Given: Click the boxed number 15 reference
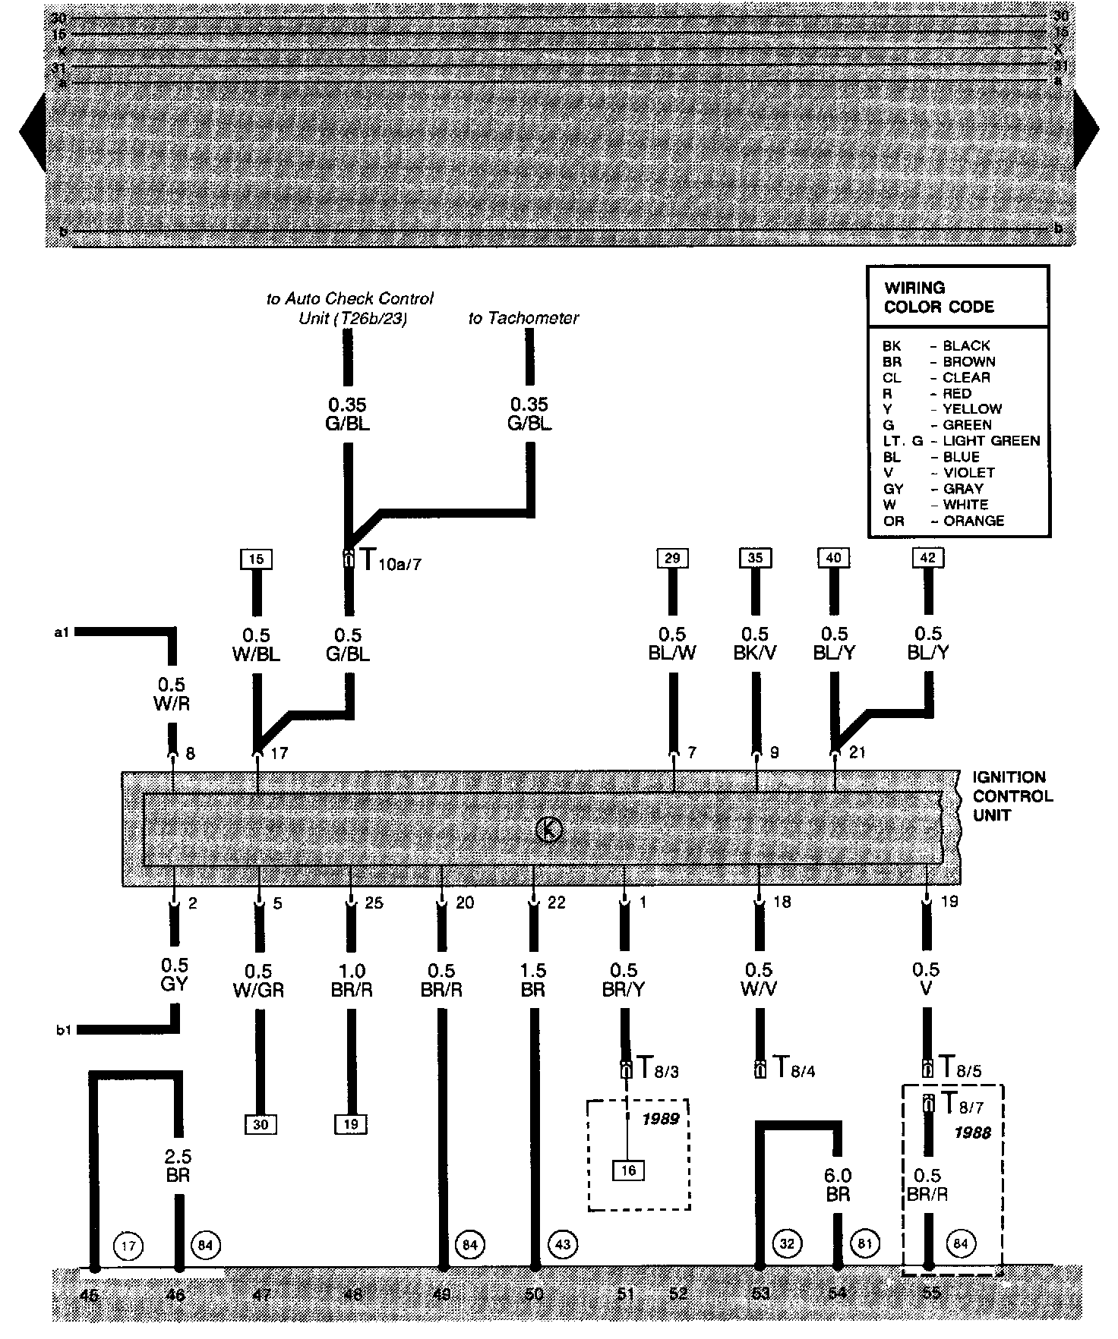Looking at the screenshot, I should pyautogui.click(x=257, y=559).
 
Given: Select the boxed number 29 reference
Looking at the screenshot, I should pyautogui.click(x=672, y=559).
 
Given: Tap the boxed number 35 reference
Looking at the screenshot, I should pyautogui.click(x=755, y=559).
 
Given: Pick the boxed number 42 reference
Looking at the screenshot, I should pyautogui.click(x=927, y=558).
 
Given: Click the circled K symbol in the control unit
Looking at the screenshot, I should pyautogui.click(x=548, y=830).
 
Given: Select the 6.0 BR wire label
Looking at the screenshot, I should pyautogui.click(x=838, y=1186).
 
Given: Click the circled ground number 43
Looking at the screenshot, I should pyautogui.click(x=563, y=1244).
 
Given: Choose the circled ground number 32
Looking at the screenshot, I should pyautogui.click(x=788, y=1244).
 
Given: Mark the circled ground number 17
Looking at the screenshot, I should pyautogui.click(x=128, y=1246).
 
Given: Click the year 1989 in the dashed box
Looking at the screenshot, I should pyautogui.click(x=660, y=1120).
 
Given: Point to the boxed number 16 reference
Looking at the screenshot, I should pyautogui.click(x=628, y=1170).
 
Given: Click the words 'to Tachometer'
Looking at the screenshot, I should pyautogui.click(x=523, y=319).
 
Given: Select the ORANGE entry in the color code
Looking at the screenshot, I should pyautogui.click(x=974, y=521).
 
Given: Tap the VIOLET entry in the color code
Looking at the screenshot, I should pyautogui.click(x=968, y=473).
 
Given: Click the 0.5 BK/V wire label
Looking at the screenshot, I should pyautogui.click(x=755, y=644).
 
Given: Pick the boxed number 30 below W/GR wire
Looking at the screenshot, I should pyautogui.click(x=261, y=1124).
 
